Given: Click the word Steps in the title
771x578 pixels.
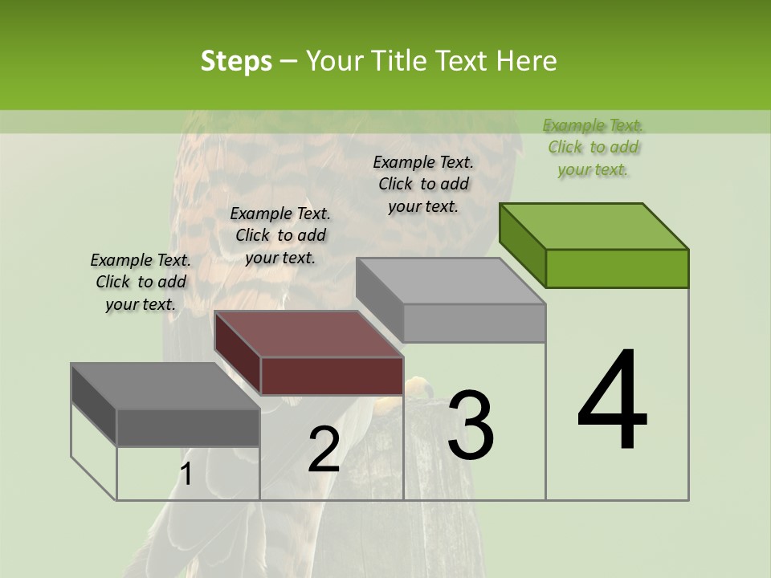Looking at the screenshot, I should tap(236, 61).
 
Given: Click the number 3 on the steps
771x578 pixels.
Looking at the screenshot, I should tap(471, 425).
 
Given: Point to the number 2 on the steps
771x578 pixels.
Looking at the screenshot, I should tap(324, 450).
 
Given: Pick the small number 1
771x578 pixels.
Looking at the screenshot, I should tap(186, 474).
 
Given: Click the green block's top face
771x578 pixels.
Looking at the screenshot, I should tap(594, 226).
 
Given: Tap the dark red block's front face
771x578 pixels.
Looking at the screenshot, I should tap(332, 376).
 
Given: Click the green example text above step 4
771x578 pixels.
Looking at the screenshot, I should tap(593, 148).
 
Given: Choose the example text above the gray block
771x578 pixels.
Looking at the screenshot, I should tap(423, 184).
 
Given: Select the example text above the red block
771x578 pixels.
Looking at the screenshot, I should tap(280, 235).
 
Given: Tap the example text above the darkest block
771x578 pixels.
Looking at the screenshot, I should tap(141, 282).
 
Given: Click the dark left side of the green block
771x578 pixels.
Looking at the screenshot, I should tap(522, 245).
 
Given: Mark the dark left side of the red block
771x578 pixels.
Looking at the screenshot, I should tap(238, 353).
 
